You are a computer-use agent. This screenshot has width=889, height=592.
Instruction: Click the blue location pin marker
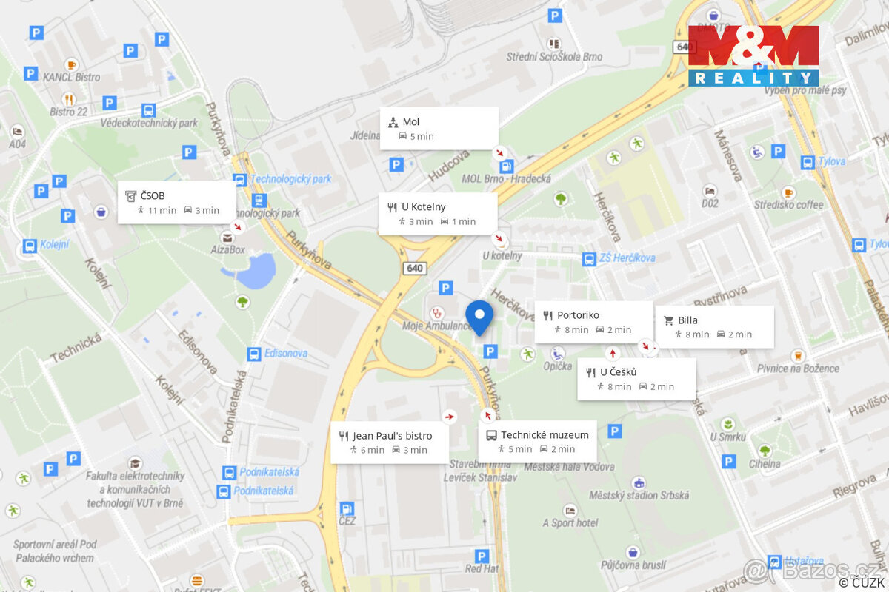pyautogui.click(x=479, y=317)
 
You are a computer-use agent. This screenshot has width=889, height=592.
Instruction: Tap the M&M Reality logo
pyautogui.click(x=753, y=55)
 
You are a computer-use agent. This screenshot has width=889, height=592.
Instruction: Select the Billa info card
pyautogui.click(x=714, y=327)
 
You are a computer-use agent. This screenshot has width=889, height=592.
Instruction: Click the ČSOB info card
pyautogui.click(x=177, y=203)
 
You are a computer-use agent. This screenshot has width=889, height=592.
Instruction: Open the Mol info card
pyautogui.click(x=439, y=129)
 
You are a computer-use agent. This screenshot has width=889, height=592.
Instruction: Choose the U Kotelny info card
pyautogui.click(x=437, y=214)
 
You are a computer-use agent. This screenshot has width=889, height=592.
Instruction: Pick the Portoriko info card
pyautogui.click(x=593, y=322)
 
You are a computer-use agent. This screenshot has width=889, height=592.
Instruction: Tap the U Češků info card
pyautogui.click(x=636, y=379)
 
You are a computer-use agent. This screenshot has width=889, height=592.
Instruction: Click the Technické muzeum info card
pyautogui.click(x=537, y=442)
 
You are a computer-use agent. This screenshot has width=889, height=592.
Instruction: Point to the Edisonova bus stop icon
pyautogui.click(x=254, y=354)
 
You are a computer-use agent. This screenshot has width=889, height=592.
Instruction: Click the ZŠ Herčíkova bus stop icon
pyautogui.click(x=589, y=259)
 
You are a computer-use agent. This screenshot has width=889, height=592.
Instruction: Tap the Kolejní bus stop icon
pyautogui.click(x=30, y=246)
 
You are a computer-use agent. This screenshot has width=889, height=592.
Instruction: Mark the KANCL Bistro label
pyautogui.click(x=71, y=77)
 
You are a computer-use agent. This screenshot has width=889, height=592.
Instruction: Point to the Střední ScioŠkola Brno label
pyautogui.click(x=554, y=56)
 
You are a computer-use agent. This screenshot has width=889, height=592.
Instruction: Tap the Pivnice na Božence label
pyautogui.click(x=798, y=368)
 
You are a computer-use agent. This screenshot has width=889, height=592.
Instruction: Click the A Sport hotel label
pyautogui.click(x=570, y=523)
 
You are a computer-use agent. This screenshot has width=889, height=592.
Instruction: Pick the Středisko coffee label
pyautogui.click(x=788, y=204)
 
